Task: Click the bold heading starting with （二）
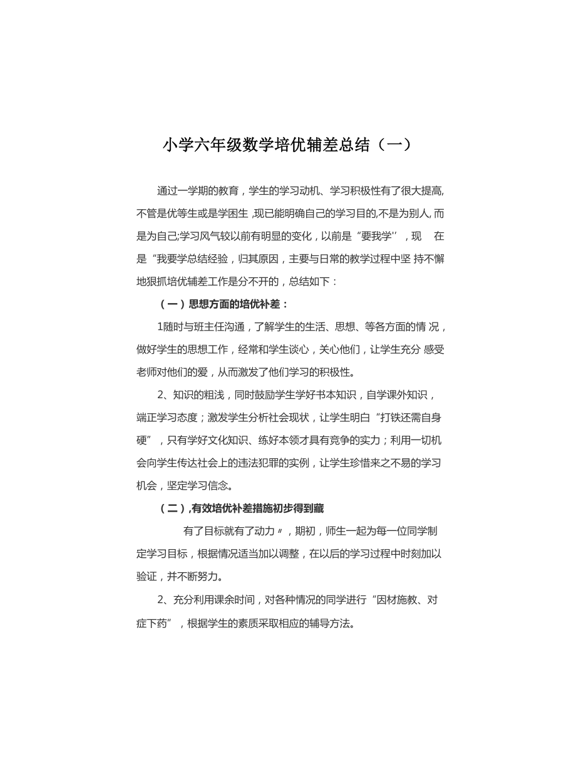point(241,508)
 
